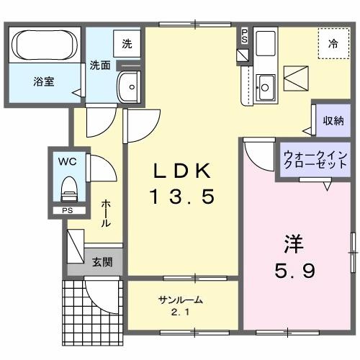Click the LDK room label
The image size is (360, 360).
tap(182, 171)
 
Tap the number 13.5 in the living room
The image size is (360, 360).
tap(182, 196)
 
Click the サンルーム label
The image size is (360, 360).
tap(180, 300)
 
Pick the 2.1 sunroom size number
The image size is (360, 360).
tap(180, 312)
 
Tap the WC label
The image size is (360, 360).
tap(68, 161)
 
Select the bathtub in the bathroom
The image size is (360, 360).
tap(45, 45)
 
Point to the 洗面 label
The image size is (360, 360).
tap(99, 65)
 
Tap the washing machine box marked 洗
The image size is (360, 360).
tap(127, 43)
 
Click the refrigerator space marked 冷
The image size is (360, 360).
tap(333, 43)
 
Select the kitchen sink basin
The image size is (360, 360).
tap(265, 87)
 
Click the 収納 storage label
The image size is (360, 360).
tap(332, 120)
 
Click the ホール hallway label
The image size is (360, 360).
tap(106, 214)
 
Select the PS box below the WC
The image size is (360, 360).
tap(67, 210)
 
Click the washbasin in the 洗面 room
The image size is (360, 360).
tap(130, 85)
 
